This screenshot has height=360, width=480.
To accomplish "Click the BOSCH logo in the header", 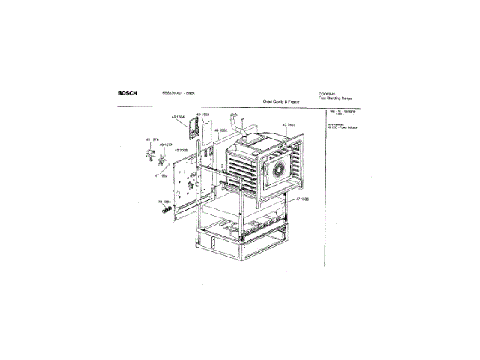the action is point(127,93).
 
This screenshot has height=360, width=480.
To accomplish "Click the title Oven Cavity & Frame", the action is point(280,100).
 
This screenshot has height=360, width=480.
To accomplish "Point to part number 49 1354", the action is point(178,118).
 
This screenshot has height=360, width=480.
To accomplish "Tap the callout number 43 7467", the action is point(290,124).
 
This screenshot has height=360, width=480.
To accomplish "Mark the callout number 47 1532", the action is point(162,174).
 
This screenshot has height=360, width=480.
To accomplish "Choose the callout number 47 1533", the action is point(301,199).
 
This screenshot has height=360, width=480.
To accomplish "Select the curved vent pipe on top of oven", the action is point(239,120).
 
